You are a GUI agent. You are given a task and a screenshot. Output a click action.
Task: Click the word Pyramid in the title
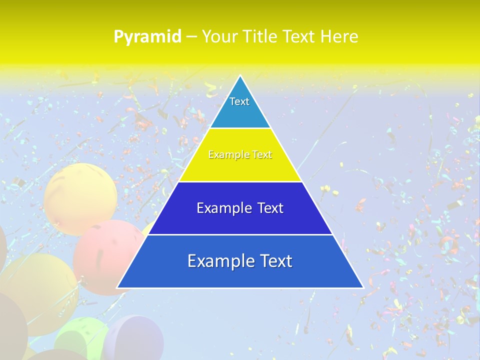147,37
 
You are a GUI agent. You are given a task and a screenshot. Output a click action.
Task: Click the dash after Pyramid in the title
191,37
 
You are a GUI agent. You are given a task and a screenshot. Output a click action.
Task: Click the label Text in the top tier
239,101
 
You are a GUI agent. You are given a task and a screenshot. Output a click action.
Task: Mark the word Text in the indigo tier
270,208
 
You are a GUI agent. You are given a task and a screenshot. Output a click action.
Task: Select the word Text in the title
298,36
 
